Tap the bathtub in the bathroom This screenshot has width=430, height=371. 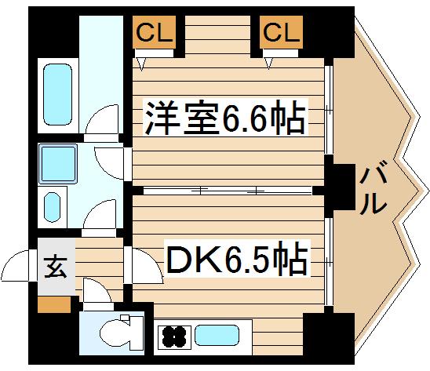[56, 92]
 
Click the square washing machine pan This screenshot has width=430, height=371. [56, 162]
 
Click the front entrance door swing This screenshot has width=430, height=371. [17, 267]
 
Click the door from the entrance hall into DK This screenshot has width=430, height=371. [144, 267]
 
